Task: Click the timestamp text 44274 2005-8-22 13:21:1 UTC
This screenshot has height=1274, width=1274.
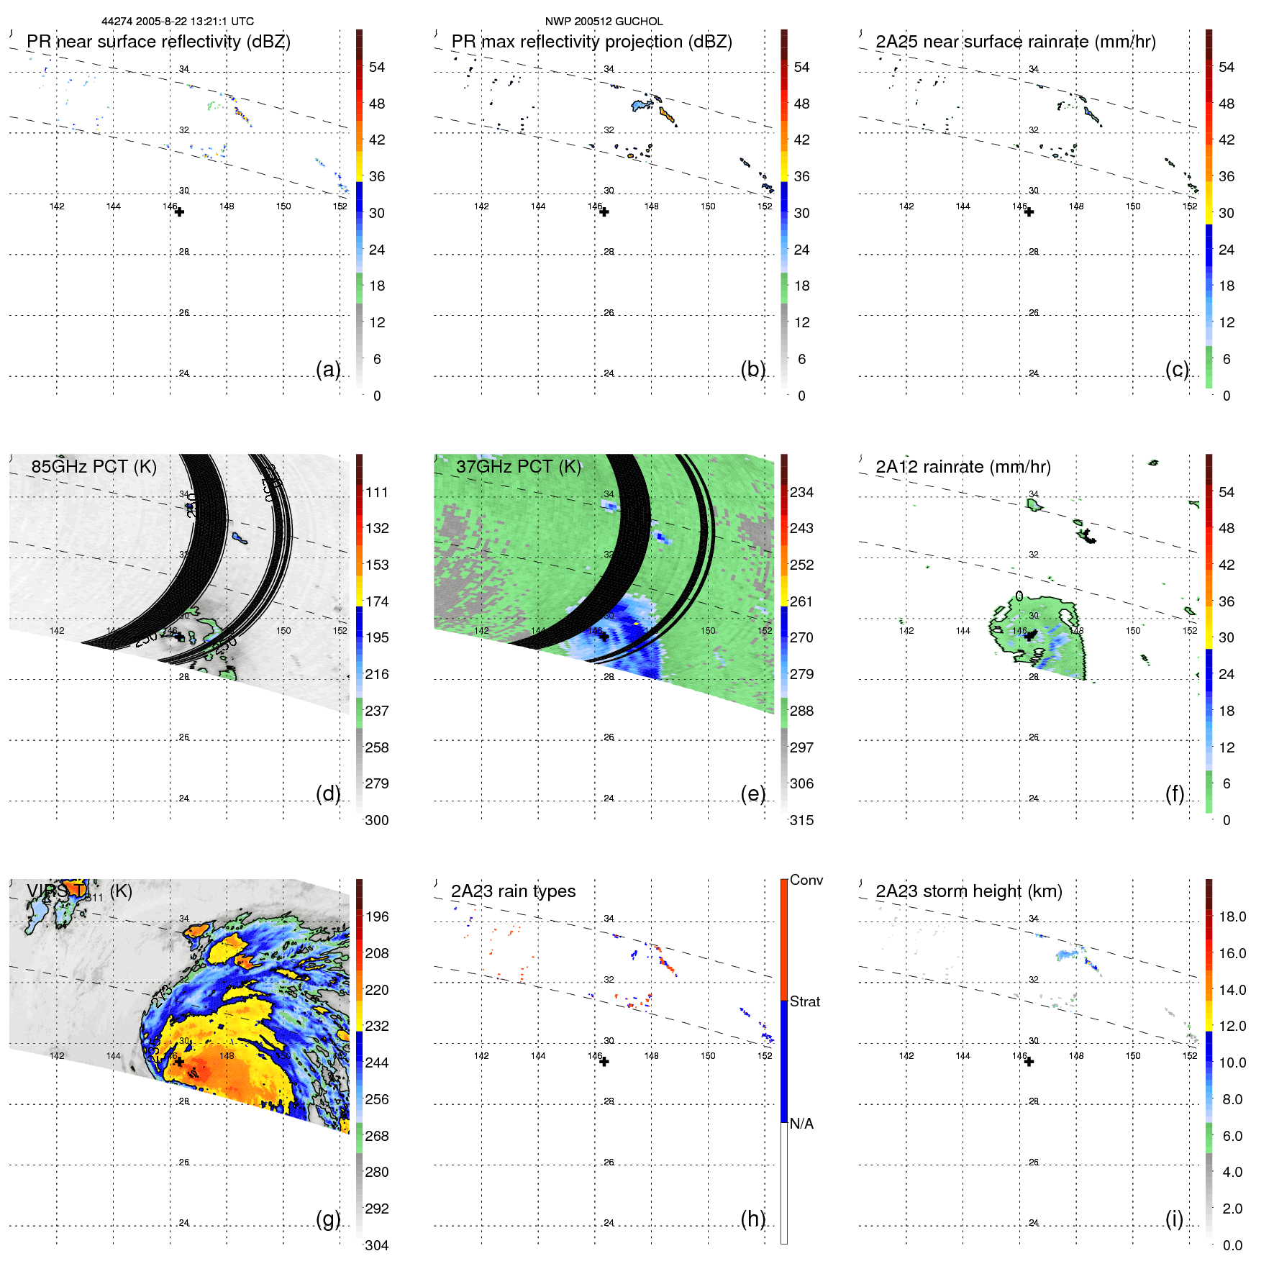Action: click(177, 22)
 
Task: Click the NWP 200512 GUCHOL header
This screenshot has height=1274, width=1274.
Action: click(604, 22)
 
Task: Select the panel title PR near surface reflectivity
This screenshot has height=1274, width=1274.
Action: click(158, 42)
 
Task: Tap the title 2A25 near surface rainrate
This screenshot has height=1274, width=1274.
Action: click(1015, 42)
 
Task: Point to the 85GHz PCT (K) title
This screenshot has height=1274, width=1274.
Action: click(94, 467)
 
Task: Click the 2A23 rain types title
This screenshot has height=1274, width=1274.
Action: click(513, 891)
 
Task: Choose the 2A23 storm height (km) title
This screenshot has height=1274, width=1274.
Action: click(968, 891)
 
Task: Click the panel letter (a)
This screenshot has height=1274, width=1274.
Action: click(328, 369)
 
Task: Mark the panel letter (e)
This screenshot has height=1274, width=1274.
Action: click(752, 793)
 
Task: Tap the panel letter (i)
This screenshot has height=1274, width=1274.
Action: click(1174, 1219)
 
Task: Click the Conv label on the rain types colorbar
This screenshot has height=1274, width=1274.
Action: click(806, 880)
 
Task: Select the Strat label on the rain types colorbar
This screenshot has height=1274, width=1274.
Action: click(804, 1001)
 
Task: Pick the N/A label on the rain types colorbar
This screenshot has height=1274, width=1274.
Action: click(801, 1124)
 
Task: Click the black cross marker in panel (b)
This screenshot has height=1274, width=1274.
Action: click(604, 212)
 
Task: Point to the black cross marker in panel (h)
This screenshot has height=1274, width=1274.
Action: click(604, 1062)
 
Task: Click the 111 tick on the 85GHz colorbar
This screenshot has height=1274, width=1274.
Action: click(377, 492)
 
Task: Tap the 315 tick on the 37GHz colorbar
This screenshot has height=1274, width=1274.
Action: click(801, 820)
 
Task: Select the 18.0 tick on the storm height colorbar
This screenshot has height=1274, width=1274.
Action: click(1232, 916)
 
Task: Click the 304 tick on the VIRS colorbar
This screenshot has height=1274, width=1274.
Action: click(377, 1245)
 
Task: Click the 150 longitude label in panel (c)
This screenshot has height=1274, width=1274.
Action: click(1133, 206)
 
